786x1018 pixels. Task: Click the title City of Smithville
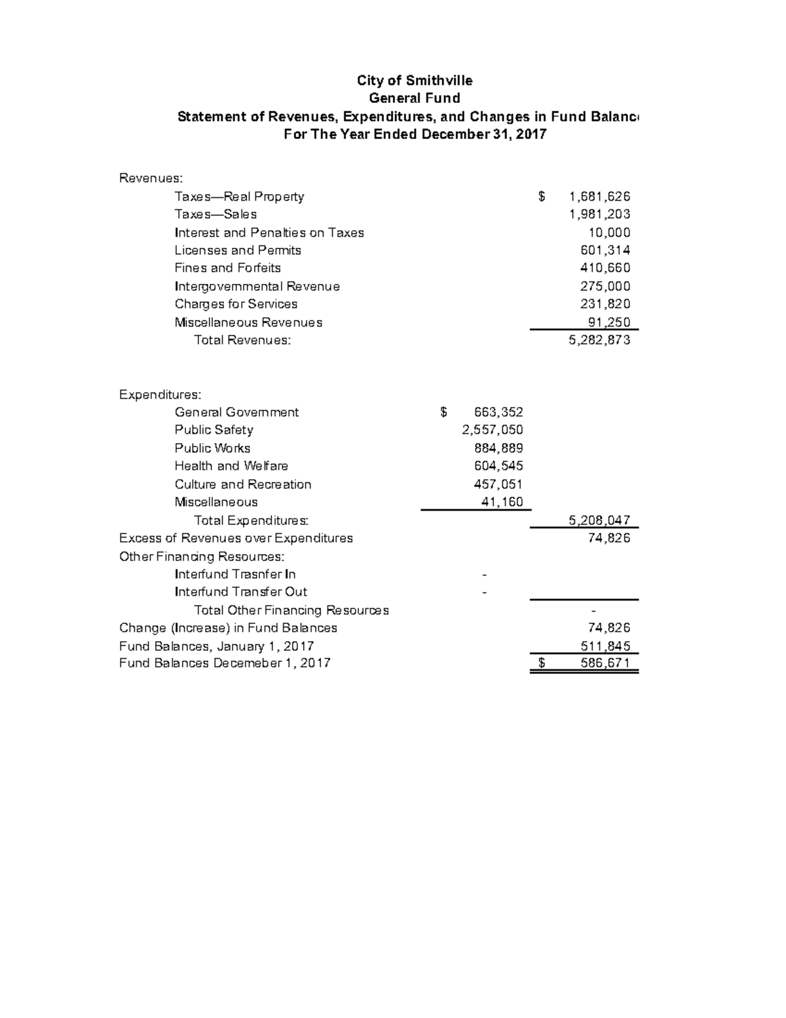(x=414, y=81)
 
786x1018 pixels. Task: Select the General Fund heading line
(x=414, y=98)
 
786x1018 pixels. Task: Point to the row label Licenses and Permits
(x=238, y=250)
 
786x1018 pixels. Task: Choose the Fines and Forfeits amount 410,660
(x=605, y=268)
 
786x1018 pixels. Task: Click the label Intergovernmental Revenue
(x=257, y=286)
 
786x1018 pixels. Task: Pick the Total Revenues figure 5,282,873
(x=599, y=340)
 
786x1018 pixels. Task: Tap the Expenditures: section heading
(x=160, y=395)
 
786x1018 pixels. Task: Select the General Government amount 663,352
(x=498, y=412)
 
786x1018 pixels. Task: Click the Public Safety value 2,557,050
(x=492, y=430)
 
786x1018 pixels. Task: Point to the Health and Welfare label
(x=231, y=466)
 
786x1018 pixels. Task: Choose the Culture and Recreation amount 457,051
(x=498, y=484)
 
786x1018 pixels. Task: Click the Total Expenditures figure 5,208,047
(x=599, y=520)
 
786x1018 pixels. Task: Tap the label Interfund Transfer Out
(x=240, y=592)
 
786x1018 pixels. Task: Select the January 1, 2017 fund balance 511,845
(x=605, y=646)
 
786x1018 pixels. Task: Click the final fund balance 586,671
(x=605, y=663)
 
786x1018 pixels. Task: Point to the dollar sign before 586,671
(x=542, y=663)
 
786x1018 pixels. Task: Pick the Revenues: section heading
(x=151, y=178)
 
